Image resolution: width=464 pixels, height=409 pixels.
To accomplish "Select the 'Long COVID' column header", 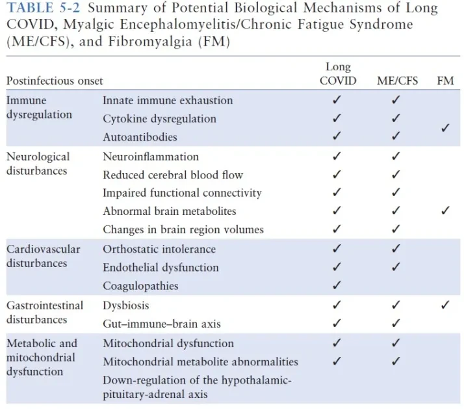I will [x=338, y=74].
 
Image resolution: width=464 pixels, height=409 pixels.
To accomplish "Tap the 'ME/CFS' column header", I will [x=397, y=81].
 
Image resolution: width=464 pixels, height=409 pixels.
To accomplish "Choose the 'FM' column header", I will [x=445, y=81].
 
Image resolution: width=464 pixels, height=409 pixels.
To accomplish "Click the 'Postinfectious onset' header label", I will [x=55, y=81].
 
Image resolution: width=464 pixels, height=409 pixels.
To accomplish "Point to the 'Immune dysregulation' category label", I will [x=39, y=107].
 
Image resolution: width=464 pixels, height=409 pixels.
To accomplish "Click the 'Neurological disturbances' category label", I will [x=38, y=163].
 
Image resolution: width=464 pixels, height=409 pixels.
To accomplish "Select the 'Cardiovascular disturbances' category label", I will [x=43, y=256].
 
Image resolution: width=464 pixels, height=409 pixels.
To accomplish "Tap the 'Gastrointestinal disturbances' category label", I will [x=45, y=312].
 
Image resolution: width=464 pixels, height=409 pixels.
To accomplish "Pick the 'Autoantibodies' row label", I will [x=140, y=137].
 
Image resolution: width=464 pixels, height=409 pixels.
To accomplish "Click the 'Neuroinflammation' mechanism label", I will [x=151, y=156].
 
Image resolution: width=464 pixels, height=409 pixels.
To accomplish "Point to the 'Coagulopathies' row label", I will [x=140, y=285].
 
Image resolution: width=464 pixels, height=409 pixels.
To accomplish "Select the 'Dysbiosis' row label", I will [x=125, y=305].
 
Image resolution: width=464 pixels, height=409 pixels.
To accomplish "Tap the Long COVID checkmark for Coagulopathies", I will [x=337, y=285].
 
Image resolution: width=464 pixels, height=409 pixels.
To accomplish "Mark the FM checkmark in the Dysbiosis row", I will [x=446, y=305].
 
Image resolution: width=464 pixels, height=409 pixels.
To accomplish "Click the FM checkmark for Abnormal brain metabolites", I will [x=446, y=211].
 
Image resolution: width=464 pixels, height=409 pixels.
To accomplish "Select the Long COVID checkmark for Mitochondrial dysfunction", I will [x=337, y=343].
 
